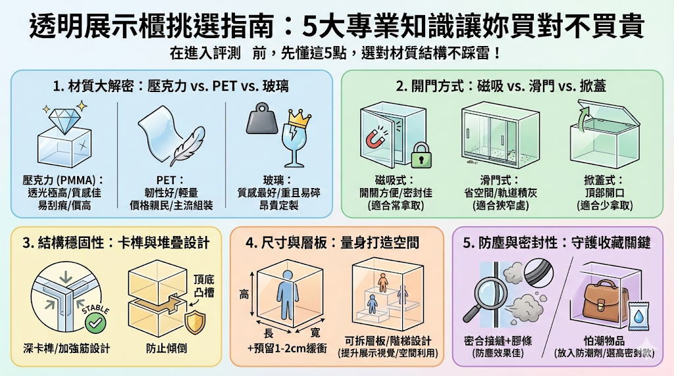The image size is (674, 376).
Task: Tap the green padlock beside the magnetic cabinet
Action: tap(419, 156)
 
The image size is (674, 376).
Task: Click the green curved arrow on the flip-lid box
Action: tap(582, 118)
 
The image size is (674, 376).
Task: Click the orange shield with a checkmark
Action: tap(195, 322)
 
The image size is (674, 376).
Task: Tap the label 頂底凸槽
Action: tap(205, 285)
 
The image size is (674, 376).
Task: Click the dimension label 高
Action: tap(244, 296)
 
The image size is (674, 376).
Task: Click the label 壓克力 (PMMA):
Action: tap(63, 179)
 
